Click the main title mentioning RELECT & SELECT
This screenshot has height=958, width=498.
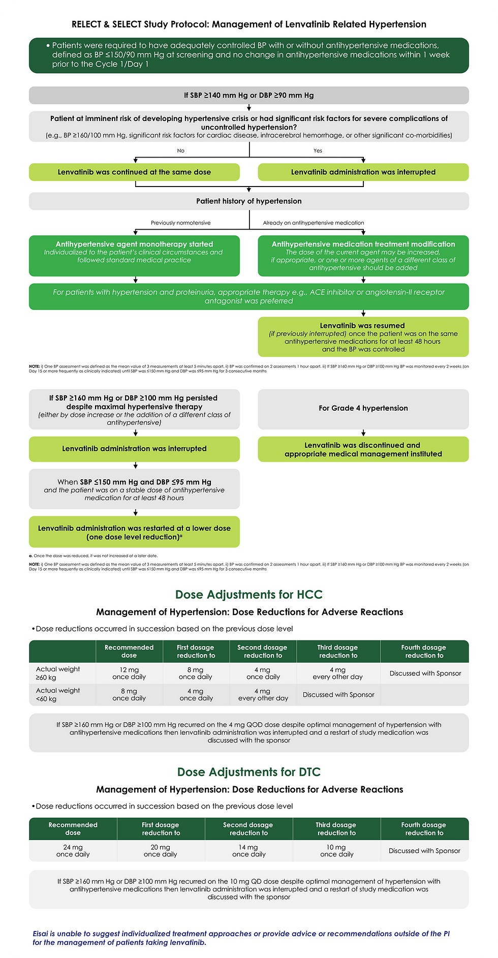[x=249, y=24]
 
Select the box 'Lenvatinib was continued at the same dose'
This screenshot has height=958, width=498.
[x=134, y=172]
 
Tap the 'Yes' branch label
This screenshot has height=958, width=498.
[x=318, y=150]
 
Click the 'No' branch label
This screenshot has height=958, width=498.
[x=180, y=150]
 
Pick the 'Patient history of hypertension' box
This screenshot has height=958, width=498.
[x=249, y=201]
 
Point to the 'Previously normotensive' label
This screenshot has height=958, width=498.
[x=180, y=223]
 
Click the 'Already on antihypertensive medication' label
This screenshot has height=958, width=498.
[x=314, y=223]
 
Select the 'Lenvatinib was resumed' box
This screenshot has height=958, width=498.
[x=363, y=337]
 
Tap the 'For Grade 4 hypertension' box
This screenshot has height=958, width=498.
[x=363, y=408]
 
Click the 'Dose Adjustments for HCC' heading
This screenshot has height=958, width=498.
[x=249, y=595]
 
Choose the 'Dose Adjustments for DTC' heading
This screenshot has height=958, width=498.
[x=249, y=772]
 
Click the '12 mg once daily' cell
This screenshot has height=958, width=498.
[x=129, y=673]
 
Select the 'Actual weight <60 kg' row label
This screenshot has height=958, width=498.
[x=58, y=695]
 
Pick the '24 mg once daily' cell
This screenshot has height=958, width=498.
[x=73, y=851]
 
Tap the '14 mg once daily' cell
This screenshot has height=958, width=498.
[x=248, y=851]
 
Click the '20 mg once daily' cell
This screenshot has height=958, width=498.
[x=161, y=851]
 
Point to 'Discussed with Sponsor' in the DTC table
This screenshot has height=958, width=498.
[x=424, y=851]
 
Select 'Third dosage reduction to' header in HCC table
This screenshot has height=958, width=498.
[x=338, y=652]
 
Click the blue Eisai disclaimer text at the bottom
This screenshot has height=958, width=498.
[x=241, y=938]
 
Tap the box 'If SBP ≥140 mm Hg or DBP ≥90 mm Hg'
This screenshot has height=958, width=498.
[x=249, y=96]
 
